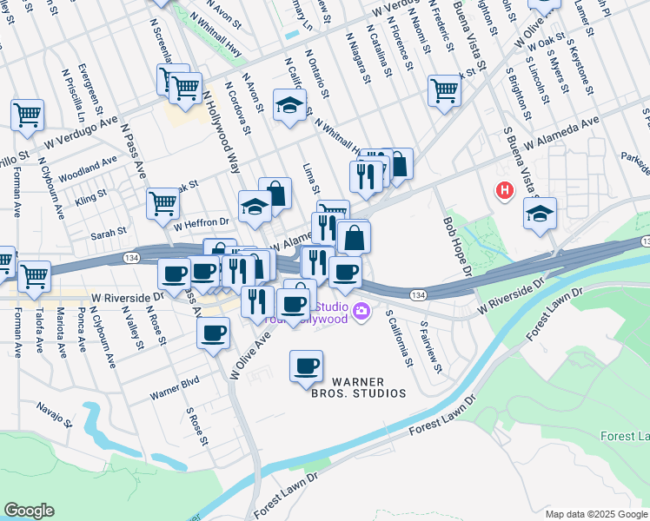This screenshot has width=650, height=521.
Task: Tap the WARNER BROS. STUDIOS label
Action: point(359,387)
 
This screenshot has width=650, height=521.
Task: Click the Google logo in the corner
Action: point(29,510)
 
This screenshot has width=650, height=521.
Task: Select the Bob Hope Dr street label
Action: point(456,245)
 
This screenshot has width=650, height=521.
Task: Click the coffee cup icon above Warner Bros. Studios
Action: point(305,365)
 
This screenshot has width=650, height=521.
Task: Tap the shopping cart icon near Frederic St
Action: point(443,89)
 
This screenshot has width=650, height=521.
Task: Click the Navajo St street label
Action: point(55,413)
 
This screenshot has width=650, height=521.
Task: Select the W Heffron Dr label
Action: point(201,222)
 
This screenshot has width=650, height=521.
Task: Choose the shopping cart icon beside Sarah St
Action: point(162,203)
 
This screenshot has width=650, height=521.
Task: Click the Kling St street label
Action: point(90,195)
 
